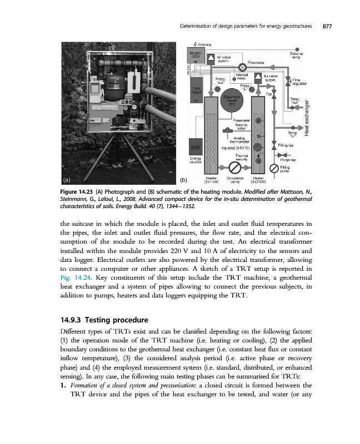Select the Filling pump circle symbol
273,168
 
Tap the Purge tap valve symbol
281,155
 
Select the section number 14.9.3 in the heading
73,320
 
